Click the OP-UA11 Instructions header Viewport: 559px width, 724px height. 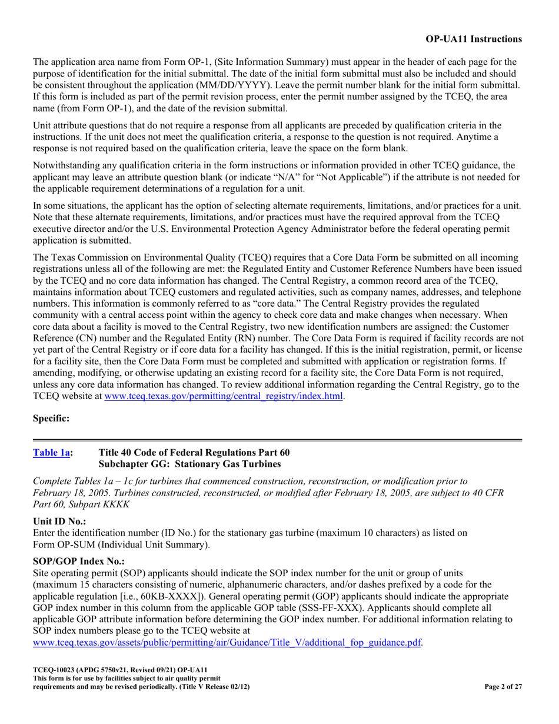(473, 39)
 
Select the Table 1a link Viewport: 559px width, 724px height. (51, 453)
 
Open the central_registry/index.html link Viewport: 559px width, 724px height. (224, 396)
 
